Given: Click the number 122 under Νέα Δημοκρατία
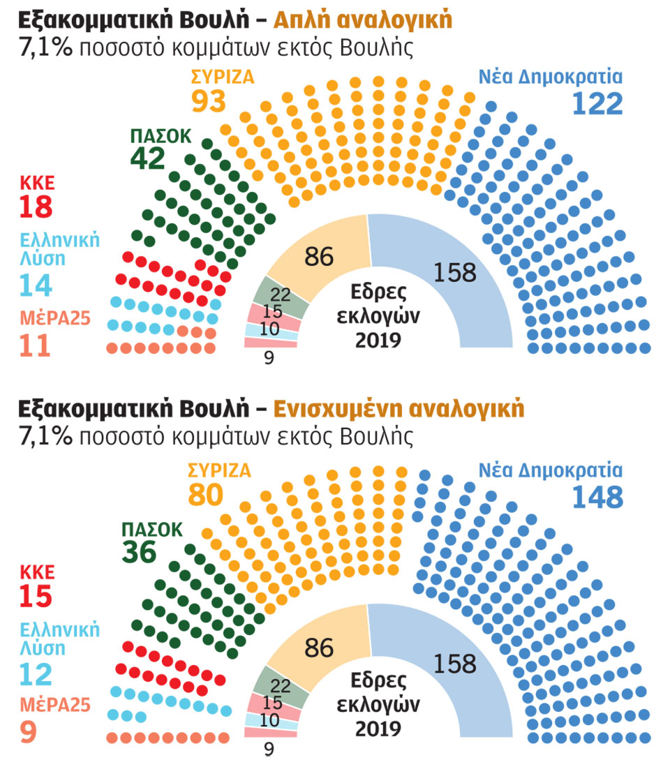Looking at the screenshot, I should click(x=597, y=103).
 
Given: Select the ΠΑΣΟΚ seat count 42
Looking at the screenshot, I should click(x=147, y=158).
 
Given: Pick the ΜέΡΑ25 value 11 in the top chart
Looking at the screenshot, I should click(x=35, y=346).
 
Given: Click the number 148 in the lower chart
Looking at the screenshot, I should click(x=597, y=496).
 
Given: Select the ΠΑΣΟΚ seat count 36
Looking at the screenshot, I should click(x=140, y=552).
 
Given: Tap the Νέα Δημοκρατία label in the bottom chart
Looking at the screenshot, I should click(x=550, y=469).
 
